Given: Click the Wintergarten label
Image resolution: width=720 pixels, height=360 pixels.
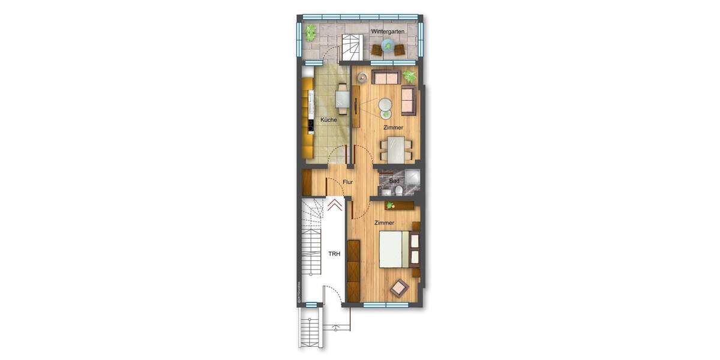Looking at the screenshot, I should [388, 31].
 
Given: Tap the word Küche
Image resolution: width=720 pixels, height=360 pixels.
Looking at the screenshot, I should [328, 120].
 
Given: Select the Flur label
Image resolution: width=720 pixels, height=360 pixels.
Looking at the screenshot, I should [348, 182].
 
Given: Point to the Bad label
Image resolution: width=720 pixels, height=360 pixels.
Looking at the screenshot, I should [394, 181].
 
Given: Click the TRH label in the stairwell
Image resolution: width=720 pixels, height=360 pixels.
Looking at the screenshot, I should [334, 254].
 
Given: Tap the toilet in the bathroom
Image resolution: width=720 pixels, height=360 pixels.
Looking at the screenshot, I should [399, 191].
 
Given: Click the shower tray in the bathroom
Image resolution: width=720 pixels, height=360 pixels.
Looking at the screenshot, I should [412, 177].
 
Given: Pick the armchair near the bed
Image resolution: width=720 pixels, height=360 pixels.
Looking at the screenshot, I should [400, 289].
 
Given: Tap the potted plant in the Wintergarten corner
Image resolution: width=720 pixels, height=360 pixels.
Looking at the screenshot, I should [310, 32].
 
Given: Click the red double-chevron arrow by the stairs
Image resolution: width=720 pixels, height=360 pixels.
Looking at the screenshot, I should [335, 206].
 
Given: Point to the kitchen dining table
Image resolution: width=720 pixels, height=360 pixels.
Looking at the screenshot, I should [342, 98].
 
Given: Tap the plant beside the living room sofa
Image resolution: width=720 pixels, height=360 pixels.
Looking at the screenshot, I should [410, 76].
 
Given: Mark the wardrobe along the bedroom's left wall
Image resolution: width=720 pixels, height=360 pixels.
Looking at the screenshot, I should [354, 270].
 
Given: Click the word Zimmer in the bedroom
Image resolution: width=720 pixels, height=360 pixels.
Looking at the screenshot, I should [384, 223].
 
